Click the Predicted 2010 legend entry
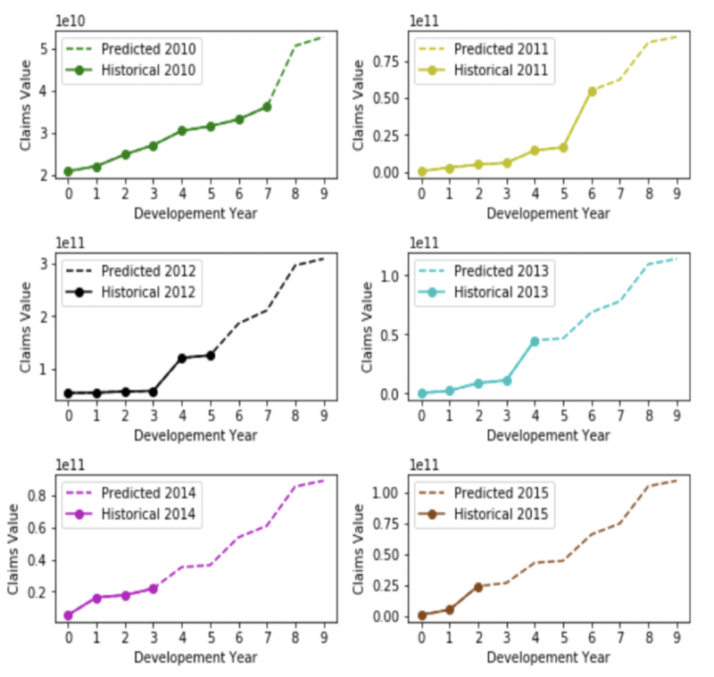[133, 48]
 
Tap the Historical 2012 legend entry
[134, 292]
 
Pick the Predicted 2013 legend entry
[487, 269]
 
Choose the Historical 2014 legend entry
[134, 514]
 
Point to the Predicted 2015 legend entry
[487, 491]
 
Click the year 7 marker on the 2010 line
[267, 107]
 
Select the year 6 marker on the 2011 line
[592, 91]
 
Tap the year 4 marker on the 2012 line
[182, 358]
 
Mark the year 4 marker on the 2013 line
[535, 342]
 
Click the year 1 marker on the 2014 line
[96, 598]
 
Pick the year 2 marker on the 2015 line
[477, 587]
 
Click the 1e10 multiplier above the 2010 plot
[71, 20]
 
